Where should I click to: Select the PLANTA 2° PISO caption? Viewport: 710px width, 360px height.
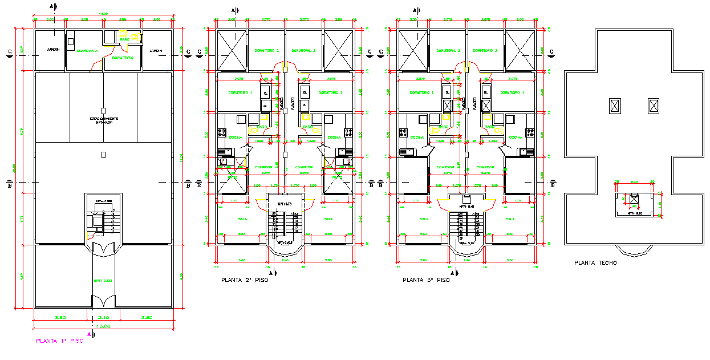244,280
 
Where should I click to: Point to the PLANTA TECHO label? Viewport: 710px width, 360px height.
596,263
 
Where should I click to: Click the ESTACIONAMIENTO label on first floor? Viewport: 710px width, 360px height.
103,119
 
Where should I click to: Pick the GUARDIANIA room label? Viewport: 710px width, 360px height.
87,51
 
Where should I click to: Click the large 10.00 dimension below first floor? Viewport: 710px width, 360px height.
103,326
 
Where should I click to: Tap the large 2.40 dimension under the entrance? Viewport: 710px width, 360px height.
103,317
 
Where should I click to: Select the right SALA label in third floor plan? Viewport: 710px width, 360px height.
509,219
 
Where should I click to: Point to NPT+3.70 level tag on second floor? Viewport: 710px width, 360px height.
285,204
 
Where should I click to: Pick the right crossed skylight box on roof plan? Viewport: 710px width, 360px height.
653,106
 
